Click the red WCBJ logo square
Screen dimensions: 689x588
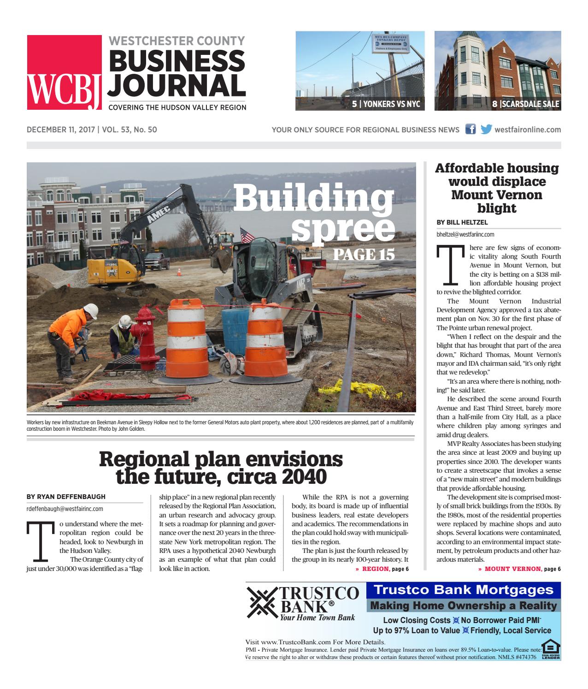tap(64, 72)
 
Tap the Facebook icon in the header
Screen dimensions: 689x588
tap(470, 130)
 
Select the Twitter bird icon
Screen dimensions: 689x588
tap(486, 130)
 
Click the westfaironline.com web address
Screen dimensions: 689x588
tap(527, 130)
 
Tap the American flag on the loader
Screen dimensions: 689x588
tap(247, 236)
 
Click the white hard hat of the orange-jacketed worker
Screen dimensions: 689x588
tap(93, 312)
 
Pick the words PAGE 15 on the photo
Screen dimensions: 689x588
tap(364, 254)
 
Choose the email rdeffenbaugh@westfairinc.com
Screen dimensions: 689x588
tap(65, 509)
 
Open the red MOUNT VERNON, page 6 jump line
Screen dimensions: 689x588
tap(519, 569)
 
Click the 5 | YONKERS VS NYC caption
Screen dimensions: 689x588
tap(386, 104)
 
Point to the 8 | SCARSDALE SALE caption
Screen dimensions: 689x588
tap(525, 104)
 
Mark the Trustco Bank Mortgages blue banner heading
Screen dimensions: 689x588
tap(463, 589)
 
